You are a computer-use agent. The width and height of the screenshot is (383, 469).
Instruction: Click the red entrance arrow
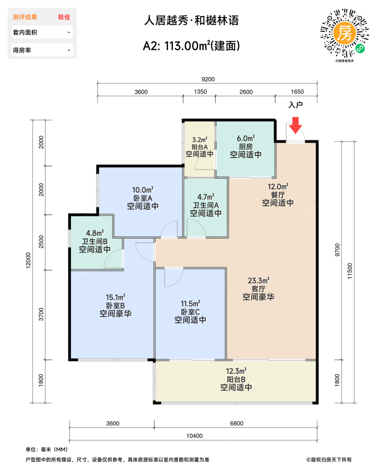click(x=295, y=125)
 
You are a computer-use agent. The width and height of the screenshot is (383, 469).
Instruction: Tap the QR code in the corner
click(x=344, y=33)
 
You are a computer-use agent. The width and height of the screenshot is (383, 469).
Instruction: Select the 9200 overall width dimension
click(x=208, y=79)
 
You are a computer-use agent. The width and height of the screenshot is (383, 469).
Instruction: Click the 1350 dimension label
click(x=200, y=91)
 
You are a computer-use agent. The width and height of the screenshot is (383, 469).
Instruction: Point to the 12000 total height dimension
click(x=28, y=260)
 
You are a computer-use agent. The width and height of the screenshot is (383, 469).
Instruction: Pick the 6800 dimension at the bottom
click(x=237, y=423)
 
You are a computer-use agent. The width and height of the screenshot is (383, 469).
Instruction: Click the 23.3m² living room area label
click(x=258, y=281)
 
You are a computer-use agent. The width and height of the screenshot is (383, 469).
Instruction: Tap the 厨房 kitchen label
click(x=246, y=147)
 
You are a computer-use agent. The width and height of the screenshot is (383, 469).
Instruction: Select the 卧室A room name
click(x=142, y=198)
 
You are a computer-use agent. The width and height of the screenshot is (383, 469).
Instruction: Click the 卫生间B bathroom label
click(x=95, y=241)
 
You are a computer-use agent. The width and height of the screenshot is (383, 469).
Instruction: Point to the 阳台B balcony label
click(x=236, y=379)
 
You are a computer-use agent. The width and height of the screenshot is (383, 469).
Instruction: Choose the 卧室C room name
click(x=190, y=312)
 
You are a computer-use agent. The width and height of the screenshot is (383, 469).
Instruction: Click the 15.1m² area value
click(x=115, y=297)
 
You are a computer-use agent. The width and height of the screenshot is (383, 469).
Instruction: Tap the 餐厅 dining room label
click(x=278, y=195)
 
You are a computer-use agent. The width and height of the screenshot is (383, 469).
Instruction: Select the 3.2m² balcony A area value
click(x=199, y=140)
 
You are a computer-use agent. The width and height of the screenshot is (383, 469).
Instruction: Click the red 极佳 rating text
click(x=64, y=17)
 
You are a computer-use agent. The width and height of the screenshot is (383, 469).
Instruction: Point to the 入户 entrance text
click(x=295, y=105)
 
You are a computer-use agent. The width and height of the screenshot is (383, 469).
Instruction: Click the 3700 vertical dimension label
click(x=41, y=314)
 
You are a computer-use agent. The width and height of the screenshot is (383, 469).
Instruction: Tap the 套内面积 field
click(x=42, y=32)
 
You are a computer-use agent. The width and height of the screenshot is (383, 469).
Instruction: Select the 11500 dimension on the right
click(x=350, y=271)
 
